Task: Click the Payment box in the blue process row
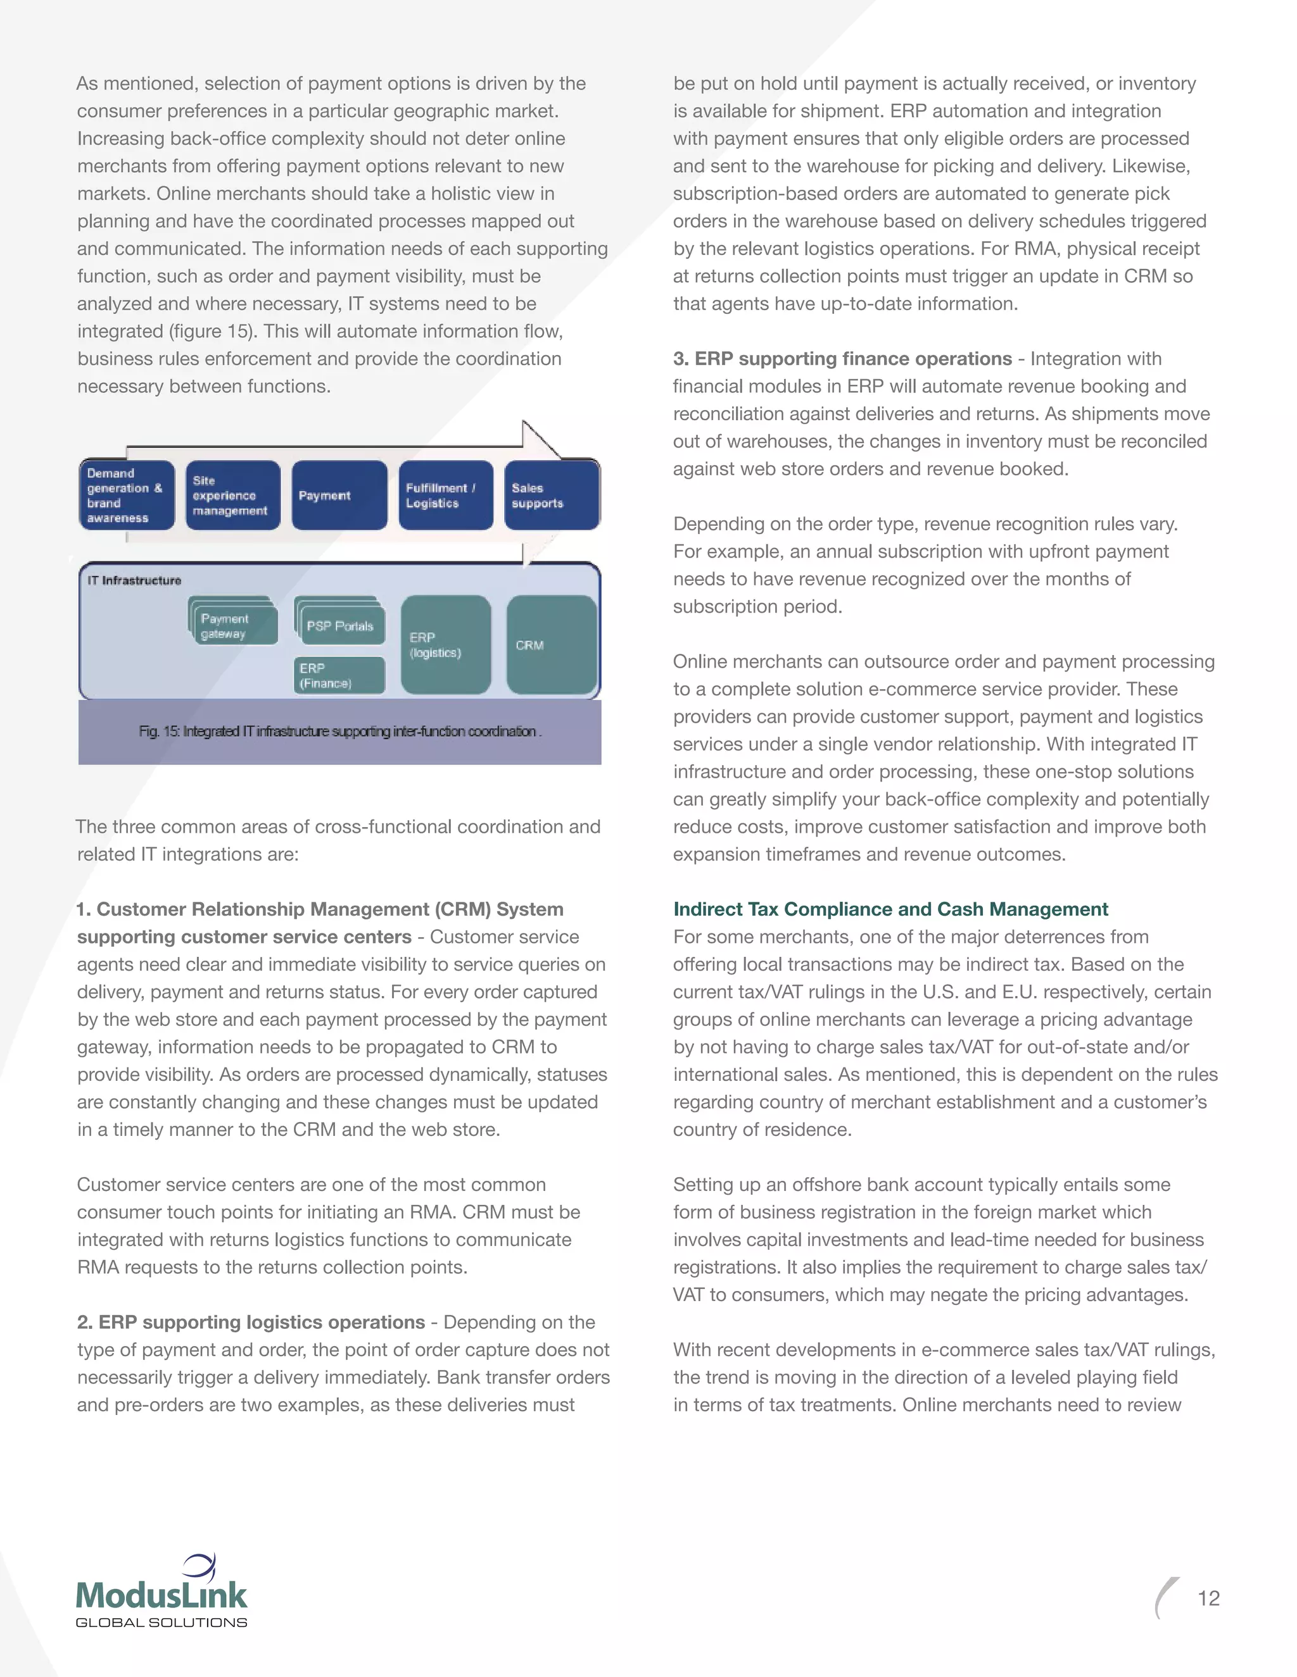339,496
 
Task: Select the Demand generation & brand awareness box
127,496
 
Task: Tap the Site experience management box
232,496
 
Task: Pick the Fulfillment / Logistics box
446,496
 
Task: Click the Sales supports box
551,496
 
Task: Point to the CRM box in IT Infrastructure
551,645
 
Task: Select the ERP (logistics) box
446,645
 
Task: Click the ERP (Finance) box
339,676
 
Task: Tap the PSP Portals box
340,625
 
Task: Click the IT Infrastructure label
134,580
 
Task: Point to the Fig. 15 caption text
339,732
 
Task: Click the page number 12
1208,1598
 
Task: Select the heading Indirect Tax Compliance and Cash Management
890,909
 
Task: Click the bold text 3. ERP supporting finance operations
842,359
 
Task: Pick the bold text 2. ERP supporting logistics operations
251,1322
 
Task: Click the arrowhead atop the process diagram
540,439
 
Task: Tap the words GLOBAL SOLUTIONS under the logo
161,1623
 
